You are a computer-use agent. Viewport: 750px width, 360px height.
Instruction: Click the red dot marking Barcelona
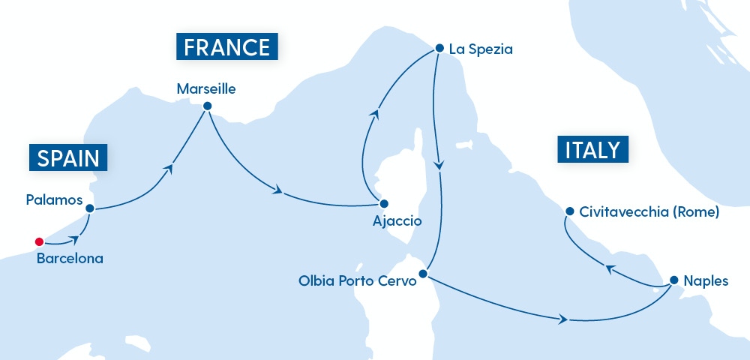[38, 241]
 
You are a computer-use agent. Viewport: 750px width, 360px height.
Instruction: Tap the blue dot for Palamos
[89, 208]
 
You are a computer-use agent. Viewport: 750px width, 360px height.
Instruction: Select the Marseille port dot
[207, 106]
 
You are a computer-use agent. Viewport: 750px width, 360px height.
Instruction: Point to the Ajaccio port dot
[383, 203]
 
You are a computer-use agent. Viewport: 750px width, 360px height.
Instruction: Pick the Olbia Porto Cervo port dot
[422, 274]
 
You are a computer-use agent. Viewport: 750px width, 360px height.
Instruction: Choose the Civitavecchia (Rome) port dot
[569, 211]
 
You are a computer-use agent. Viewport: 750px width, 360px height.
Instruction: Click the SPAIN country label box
[67, 157]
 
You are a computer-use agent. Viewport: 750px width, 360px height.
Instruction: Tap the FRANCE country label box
[226, 47]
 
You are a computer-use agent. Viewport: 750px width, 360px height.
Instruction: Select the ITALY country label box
[592, 149]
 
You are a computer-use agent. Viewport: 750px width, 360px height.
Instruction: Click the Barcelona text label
[70, 259]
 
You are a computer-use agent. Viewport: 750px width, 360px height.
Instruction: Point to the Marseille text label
[206, 89]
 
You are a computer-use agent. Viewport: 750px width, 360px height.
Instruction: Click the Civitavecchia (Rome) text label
[649, 212]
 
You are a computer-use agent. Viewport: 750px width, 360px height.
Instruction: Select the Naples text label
[706, 282]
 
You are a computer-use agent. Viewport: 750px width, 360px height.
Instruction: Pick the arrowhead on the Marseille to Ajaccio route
[279, 191]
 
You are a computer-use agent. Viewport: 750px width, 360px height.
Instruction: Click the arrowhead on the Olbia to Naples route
[562, 320]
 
